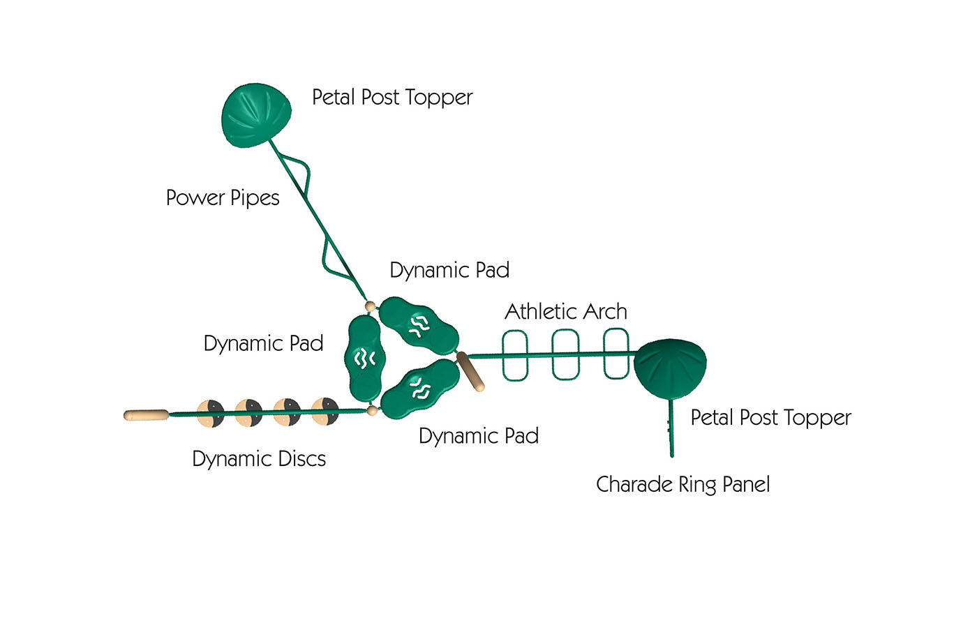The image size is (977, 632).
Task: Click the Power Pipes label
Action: tap(223, 198)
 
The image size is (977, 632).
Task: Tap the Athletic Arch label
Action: tap(566, 312)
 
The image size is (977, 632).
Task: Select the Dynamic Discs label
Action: tap(259, 459)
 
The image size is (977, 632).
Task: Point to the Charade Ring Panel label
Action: tap(683, 485)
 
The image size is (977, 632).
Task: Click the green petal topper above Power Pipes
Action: tap(257, 115)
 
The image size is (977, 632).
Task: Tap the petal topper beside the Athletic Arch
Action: tap(671, 368)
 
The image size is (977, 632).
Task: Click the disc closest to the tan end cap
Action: tap(211, 413)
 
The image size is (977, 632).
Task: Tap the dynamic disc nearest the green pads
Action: tap(325, 411)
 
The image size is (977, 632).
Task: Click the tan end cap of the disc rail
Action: tap(146, 415)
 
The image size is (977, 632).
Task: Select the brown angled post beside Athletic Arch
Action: tap(470, 371)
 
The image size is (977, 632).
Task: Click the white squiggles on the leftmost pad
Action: tap(364, 359)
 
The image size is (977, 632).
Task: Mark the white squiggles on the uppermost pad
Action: tap(419, 326)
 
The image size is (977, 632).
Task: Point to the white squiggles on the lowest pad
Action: tap(420, 389)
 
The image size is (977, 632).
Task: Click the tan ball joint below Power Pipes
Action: tap(371, 306)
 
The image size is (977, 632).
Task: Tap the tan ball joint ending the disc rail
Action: tap(373, 410)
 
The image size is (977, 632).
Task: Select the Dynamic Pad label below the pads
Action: tap(479, 436)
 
